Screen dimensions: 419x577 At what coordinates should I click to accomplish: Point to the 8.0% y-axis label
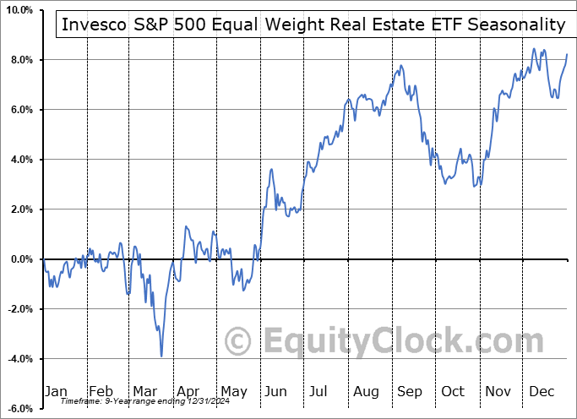click(20, 60)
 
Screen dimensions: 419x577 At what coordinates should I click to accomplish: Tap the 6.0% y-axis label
click(20, 110)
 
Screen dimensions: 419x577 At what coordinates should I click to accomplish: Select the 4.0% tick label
click(20, 160)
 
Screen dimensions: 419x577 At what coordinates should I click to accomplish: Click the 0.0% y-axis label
click(20, 259)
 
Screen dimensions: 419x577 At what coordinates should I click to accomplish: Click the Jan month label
click(57, 391)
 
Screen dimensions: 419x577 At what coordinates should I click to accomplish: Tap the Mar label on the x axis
click(145, 391)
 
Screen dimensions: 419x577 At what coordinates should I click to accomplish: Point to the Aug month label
click(367, 391)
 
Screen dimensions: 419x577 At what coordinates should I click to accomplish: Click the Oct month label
click(454, 391)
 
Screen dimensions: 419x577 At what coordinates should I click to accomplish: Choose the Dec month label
click(542, 391)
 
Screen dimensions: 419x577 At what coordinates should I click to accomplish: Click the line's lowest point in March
click(161, 356)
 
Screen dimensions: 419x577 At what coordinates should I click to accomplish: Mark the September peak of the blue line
click(402, 66)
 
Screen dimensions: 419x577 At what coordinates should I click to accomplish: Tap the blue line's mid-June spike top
click(272, 170)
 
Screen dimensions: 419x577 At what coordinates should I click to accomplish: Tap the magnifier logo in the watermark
click(239, 341)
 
